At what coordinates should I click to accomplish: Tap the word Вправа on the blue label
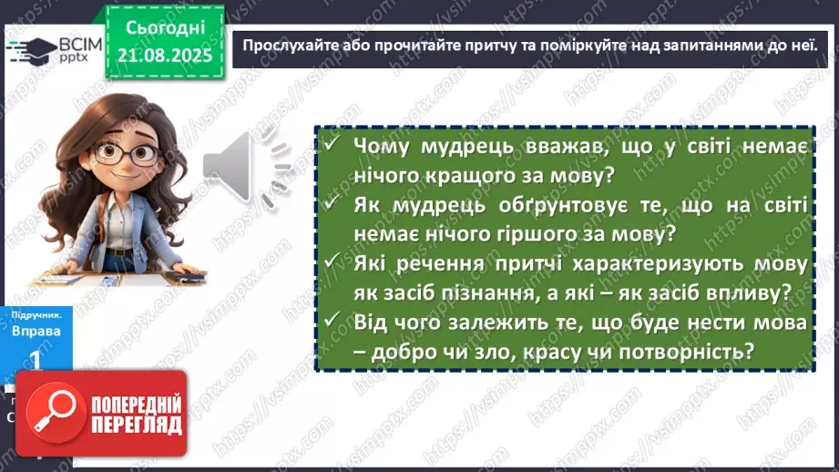point(36,331)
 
